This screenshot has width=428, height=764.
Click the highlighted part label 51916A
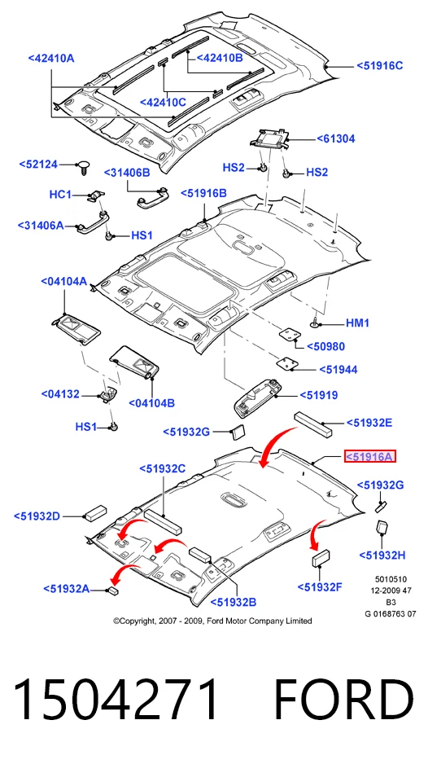(369, 457)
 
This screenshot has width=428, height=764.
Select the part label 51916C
(380, 65)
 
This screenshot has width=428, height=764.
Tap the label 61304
(336, 138)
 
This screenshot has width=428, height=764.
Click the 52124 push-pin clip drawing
(83, 167)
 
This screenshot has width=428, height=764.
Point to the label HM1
(358, 323)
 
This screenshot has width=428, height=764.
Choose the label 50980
(325, 346)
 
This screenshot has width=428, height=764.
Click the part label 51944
(338, 369)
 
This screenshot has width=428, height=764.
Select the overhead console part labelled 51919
(258, 397)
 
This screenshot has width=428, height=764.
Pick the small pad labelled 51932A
(115, 592)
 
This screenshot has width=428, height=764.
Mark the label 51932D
(37, 516)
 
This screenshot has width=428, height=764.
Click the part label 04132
(60, 393)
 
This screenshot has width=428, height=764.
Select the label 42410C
(163, 103)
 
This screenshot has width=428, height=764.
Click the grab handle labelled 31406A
(93, 222)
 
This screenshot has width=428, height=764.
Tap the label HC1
(60, 195)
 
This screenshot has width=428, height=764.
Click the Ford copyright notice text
(213, 621)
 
